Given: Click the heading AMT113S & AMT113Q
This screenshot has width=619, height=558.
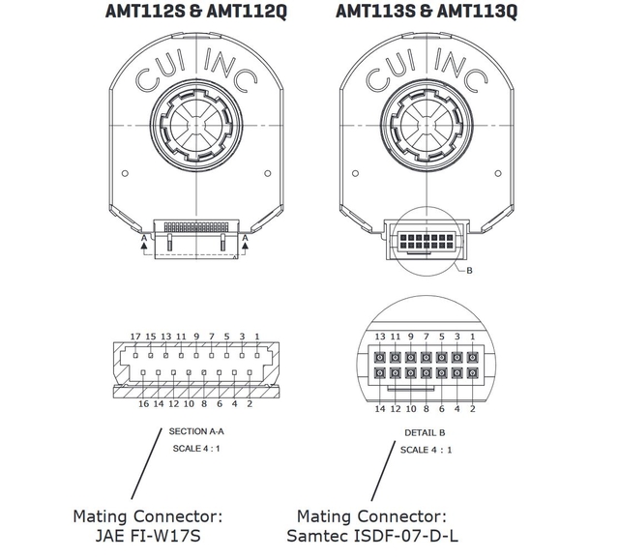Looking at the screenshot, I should pos(427,13).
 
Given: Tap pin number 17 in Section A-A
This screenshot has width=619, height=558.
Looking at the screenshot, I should pos(135,337).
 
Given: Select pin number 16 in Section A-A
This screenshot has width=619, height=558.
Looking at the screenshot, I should pos(143,403).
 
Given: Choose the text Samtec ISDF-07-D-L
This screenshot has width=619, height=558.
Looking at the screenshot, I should pos(372,535).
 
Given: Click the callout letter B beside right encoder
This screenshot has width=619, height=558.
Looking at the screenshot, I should pos(469,271).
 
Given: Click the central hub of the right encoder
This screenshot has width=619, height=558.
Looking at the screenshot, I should pos(426,127).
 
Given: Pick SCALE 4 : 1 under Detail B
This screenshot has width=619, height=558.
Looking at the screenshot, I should pos(426,451).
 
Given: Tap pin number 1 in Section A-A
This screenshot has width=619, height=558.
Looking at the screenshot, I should pos(256,337).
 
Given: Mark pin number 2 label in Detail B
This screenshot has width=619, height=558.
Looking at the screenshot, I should pos(472,408).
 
